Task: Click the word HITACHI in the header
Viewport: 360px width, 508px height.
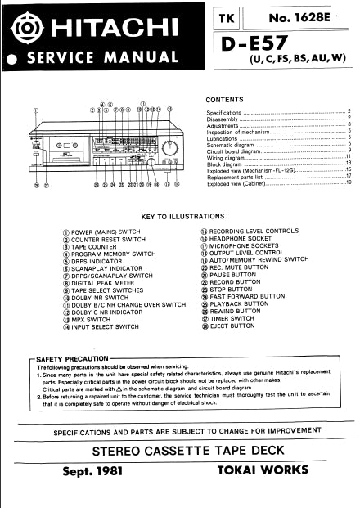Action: [107, 31]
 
